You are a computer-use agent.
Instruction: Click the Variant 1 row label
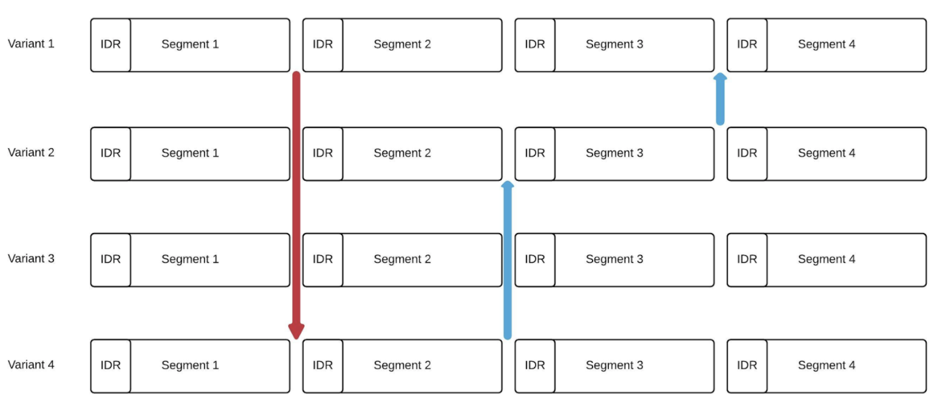(x=31, y=44)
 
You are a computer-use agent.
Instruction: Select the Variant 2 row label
(x=31, y=152)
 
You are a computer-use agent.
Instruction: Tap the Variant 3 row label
(x=31, y=259)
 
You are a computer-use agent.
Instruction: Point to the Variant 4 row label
(x=31, y=365)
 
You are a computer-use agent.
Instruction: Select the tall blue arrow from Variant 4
(x=507, y=261)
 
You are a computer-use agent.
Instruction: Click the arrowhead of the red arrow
(x=296, y=330)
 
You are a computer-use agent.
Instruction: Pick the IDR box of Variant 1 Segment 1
(x=111, y=45)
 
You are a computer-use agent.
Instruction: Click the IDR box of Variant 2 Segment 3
(x=534, y=154)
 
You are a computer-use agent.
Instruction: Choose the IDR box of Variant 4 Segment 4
(x=747, y=366)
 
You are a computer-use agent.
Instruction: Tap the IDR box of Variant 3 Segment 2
(x=323, y=259)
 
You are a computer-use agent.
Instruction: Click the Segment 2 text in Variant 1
(x=402, y=45)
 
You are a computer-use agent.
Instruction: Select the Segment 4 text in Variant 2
(x=826, y=154)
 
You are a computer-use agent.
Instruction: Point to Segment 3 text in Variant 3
(x=614, y=259)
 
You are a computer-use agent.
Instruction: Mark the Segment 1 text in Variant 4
(x=190, y=366)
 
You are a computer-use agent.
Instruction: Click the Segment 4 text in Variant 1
(x=826, y=45)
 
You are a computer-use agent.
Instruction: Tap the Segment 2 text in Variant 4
(x=402, y=366)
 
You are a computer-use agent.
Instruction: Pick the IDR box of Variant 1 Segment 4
(x=747, y=45)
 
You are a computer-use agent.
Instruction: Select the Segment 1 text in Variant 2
(x=190, y=154)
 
